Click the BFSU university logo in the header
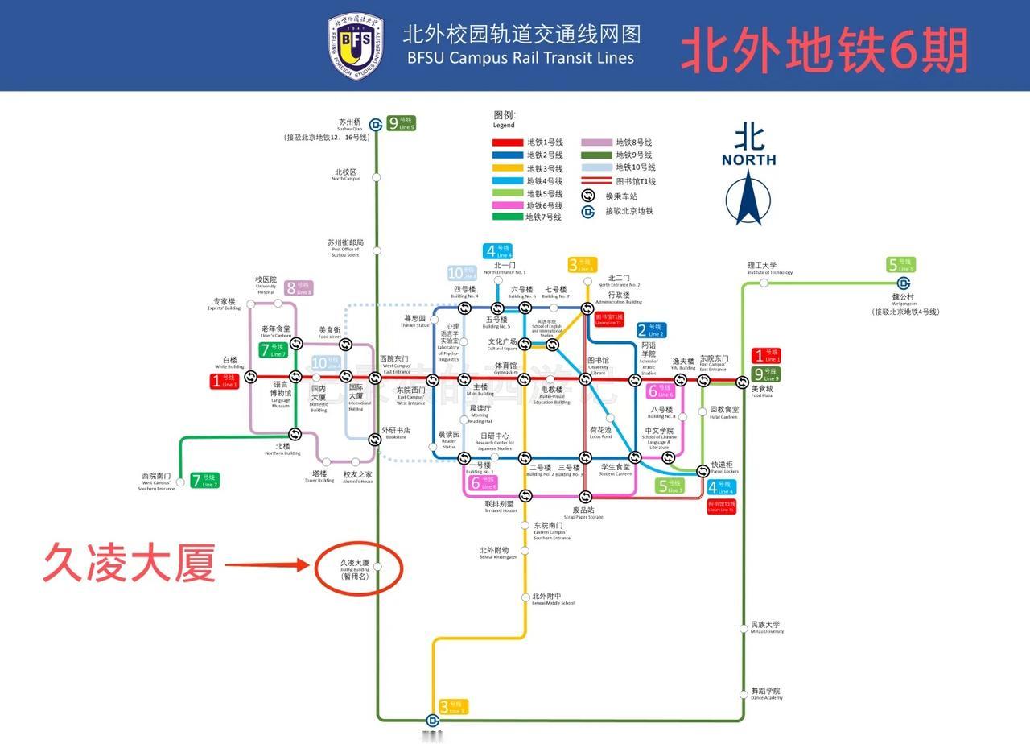point(355,46)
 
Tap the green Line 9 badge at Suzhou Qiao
point(402,123)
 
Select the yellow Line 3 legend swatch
point(507,168)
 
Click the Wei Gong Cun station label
point(905,302)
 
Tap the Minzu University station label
point(765,627)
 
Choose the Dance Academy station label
point(765,693)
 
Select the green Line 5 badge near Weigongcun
point(901,265)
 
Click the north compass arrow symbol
point(748,198)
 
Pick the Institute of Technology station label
point(769,268)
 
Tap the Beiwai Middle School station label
point(553,599)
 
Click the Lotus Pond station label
point(600,432)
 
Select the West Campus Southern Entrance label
point(157,480)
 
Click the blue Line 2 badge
point(651,330)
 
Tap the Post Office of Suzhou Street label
point(345,246)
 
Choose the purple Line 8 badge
point(298,288)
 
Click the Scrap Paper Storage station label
point(583,513)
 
